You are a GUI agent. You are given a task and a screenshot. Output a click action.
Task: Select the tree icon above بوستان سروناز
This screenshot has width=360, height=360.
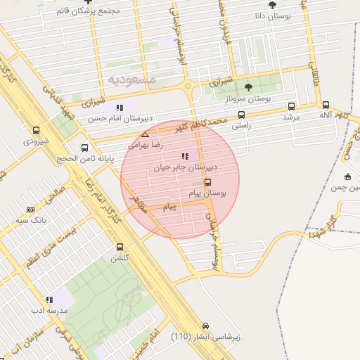(247, 86)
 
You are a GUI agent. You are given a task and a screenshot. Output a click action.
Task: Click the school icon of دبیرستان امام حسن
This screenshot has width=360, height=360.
(119, 108)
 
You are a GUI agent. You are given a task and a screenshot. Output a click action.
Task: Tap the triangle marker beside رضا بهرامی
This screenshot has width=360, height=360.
(145, 134)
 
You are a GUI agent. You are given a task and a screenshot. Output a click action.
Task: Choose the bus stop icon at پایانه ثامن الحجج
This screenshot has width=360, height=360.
(85, 148)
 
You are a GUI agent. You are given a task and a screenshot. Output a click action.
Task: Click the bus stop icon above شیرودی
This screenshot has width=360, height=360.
(37, 130)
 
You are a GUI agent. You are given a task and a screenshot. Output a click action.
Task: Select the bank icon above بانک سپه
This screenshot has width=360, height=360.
(30, 210)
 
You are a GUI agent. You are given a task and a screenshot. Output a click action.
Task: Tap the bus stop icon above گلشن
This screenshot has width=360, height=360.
(119, 247)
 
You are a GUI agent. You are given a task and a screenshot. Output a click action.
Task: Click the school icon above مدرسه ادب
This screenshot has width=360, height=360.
(49, 300)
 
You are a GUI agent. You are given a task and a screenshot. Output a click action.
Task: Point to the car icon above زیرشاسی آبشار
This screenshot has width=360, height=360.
(205, 326)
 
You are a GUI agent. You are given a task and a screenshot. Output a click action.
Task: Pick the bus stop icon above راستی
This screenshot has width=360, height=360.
(242, 115)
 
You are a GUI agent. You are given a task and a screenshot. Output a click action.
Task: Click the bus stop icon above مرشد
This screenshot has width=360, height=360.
(291, 106)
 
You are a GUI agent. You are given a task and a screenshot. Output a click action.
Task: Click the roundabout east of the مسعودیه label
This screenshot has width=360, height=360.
(188, 87)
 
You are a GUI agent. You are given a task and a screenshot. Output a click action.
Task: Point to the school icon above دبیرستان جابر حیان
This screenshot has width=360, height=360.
(185, 156)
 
